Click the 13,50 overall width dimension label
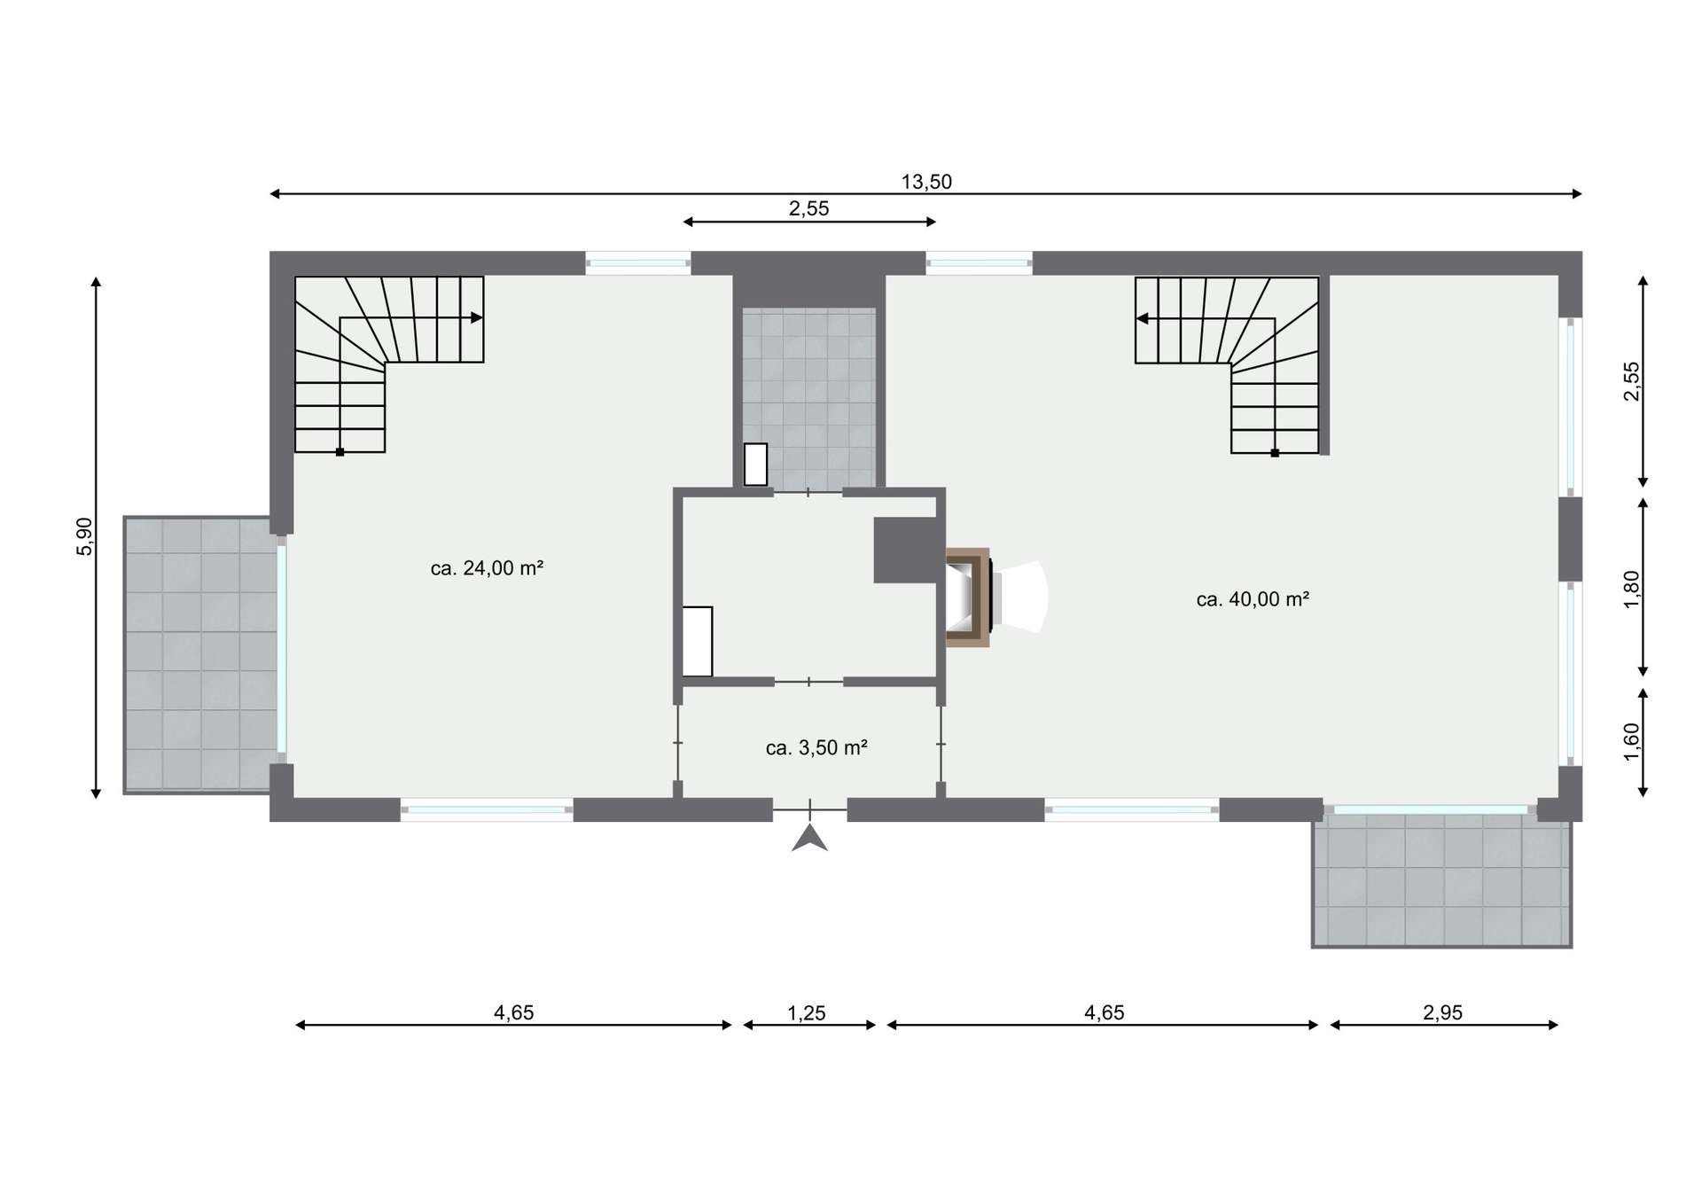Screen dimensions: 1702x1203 [926, 182]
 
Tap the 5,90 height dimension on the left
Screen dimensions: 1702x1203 [84, 536]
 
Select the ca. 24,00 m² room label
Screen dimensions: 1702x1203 [487, 568]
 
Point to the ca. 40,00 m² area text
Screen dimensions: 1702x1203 [1253, 599]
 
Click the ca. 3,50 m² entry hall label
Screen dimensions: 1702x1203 [816, 748]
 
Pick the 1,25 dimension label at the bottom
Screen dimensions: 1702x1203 [807, 1012]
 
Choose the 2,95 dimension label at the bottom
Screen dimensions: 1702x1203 [1443, 1012]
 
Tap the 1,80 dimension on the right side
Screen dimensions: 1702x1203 [1632, 590]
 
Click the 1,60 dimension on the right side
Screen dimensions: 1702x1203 [1632, 742]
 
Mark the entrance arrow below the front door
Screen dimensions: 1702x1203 [809, 838]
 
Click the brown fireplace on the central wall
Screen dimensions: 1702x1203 [968, 597]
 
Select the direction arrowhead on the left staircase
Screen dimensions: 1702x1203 [477, 317]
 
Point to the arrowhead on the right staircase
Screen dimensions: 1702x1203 [1143, 318]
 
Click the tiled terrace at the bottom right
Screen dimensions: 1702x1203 [1442, 882]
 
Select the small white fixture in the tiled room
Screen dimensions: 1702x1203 [755, 464]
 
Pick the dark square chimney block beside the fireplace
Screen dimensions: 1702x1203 [906, 550]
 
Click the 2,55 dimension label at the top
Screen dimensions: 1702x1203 [808, 208]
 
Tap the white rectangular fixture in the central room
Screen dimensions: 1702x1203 [698, 642]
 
